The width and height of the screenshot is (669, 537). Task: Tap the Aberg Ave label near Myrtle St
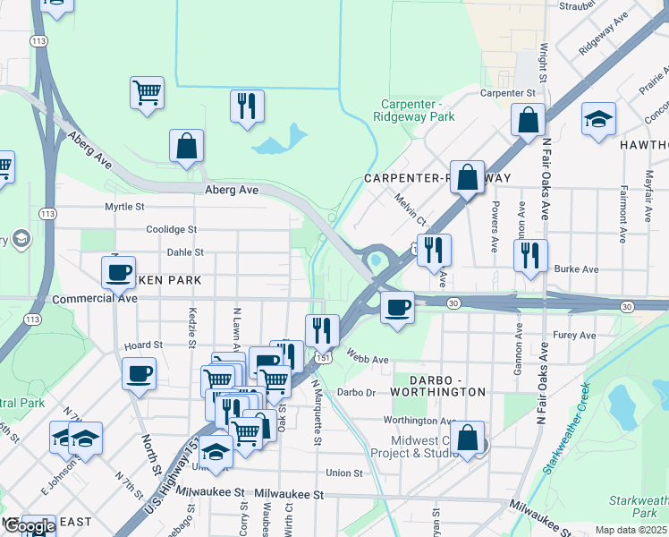232,190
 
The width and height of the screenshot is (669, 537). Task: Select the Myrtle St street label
124,207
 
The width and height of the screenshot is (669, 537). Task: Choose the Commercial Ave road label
95,299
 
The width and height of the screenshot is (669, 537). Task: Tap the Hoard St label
143,345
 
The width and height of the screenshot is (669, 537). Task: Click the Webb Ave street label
368,360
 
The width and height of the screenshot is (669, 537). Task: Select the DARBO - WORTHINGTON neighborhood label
440,392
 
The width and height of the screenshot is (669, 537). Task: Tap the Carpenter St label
507,92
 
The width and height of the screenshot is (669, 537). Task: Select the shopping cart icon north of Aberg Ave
147,92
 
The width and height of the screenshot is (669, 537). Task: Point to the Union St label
344,473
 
